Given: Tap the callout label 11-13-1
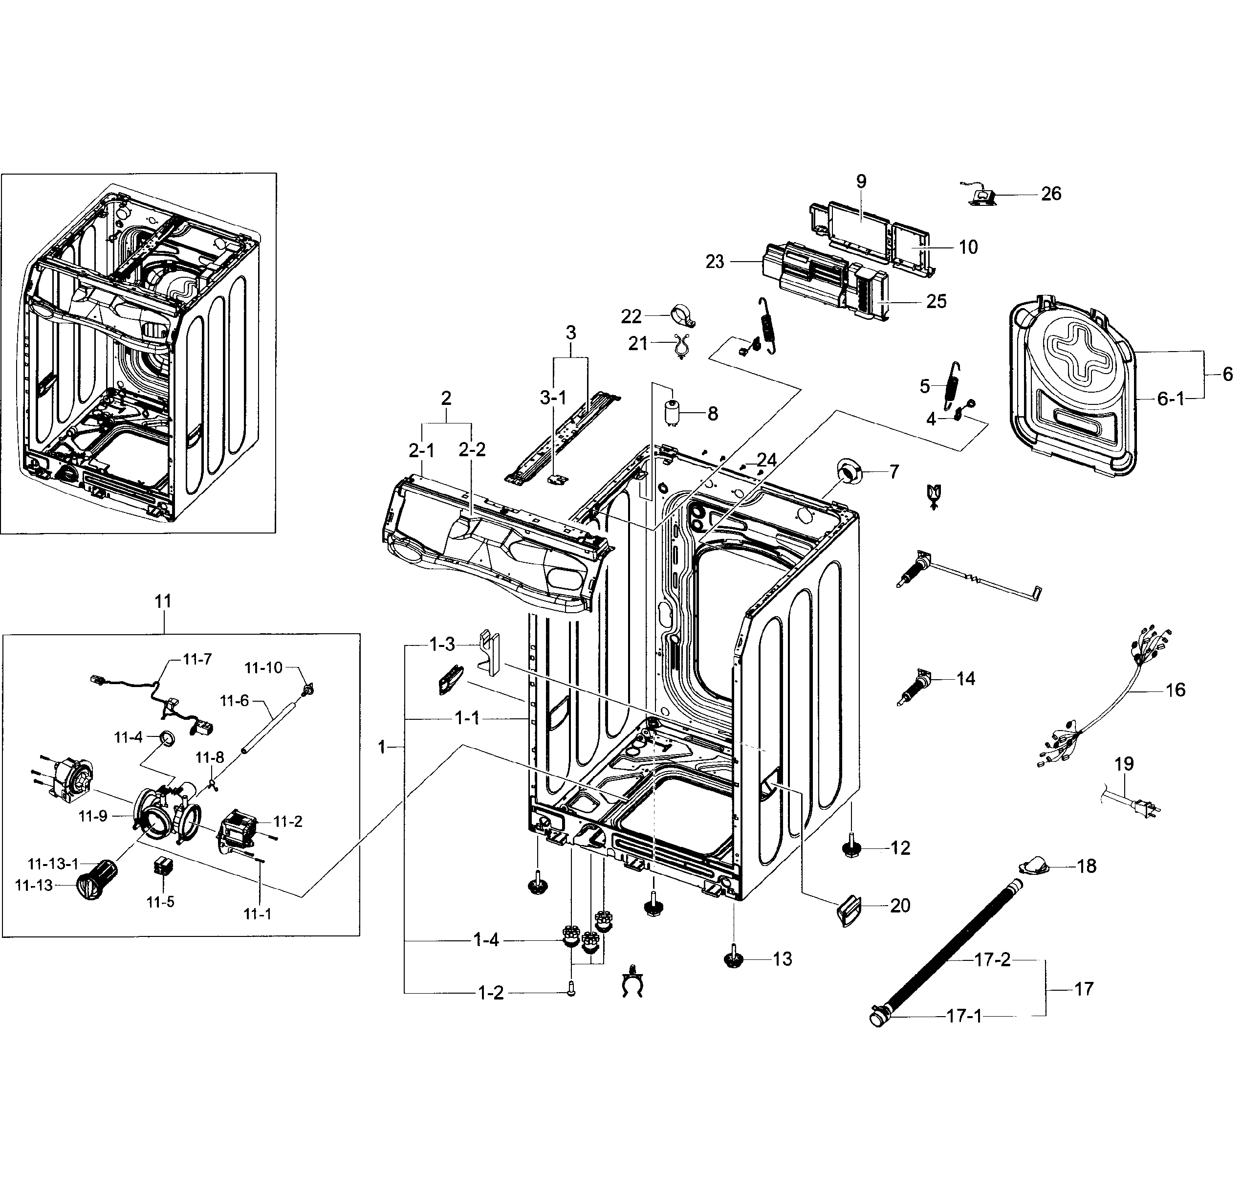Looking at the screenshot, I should tap(53, 864).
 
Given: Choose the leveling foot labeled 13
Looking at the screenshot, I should tap(734, 959).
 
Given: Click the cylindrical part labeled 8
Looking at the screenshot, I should tap(673, 413).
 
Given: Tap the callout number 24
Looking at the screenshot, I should tap(767, 460).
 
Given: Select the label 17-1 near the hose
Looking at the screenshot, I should tap(964, 1017).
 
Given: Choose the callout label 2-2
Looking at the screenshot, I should tap(472, 449).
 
